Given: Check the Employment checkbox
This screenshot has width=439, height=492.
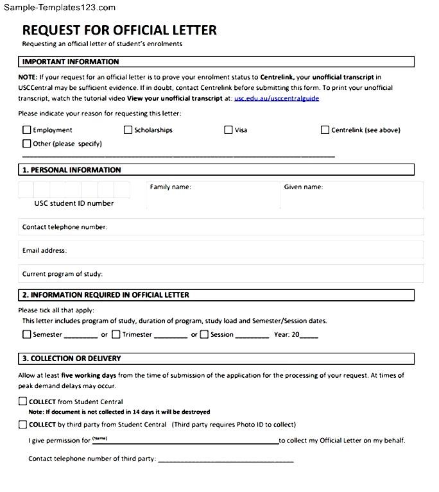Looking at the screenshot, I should click(26, 130).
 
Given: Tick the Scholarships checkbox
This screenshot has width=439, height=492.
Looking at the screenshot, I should click(128, 130).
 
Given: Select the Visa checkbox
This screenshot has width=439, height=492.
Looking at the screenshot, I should click(228, 130).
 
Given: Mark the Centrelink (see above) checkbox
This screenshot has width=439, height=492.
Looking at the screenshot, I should click(325, 130).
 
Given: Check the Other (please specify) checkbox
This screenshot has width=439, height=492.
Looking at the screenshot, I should click(26, 144).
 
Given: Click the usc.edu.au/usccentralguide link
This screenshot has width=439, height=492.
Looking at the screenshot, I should click(276, 98).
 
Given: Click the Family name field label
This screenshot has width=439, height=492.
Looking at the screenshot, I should click(170, 187).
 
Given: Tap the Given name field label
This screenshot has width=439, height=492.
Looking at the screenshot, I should click(303, 187).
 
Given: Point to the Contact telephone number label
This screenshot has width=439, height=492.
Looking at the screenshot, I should click(64, 227).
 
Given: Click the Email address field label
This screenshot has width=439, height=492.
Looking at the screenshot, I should click(44, 250).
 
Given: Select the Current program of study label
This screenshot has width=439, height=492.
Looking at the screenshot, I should click(62, 274).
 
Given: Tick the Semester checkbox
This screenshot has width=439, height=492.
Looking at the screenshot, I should click(26, 334).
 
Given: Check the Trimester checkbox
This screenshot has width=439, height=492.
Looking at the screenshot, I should click(116, 334).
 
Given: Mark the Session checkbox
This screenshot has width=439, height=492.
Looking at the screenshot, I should click(204, 334).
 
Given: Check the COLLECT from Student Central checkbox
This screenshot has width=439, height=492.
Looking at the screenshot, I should click(23, 402).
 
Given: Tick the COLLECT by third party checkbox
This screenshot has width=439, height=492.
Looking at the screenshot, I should click(23, 425).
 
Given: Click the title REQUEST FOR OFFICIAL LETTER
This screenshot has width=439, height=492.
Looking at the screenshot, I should click(119, 30).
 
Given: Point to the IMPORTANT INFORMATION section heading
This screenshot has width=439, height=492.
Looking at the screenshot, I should click(71, 62).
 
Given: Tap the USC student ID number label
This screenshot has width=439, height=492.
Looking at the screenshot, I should click(74, 203).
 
